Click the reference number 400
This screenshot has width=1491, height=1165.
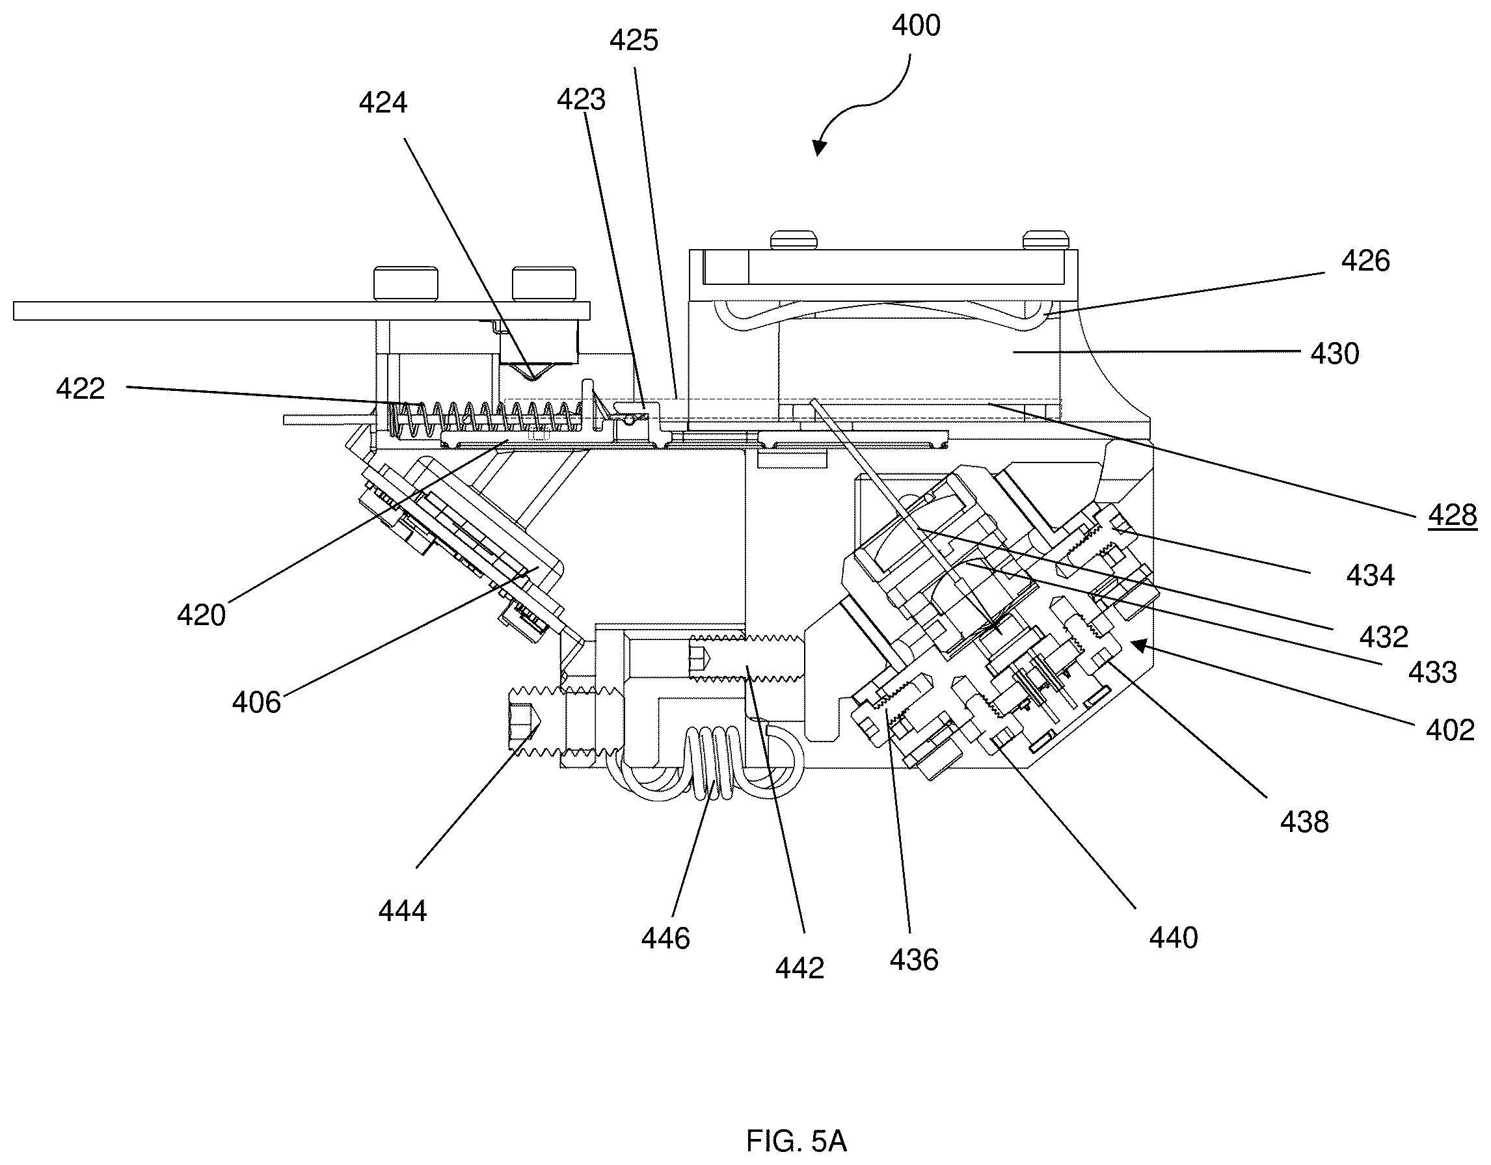916,26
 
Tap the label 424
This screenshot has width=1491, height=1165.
383,103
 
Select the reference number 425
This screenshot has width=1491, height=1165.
634,41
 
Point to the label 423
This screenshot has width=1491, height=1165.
581,100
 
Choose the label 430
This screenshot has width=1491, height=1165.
1335,355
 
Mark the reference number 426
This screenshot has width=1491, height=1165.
1365,261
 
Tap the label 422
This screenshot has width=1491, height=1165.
81,389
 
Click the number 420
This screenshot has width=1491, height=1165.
202,615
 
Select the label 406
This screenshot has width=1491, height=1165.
256,703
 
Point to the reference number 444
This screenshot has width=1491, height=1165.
403,911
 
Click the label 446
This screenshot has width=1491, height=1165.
665,939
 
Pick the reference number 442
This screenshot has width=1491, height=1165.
799,969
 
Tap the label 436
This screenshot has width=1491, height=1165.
914,960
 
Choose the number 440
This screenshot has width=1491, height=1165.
1174,939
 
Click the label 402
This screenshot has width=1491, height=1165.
1451,731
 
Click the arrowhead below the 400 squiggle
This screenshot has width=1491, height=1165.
819,147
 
